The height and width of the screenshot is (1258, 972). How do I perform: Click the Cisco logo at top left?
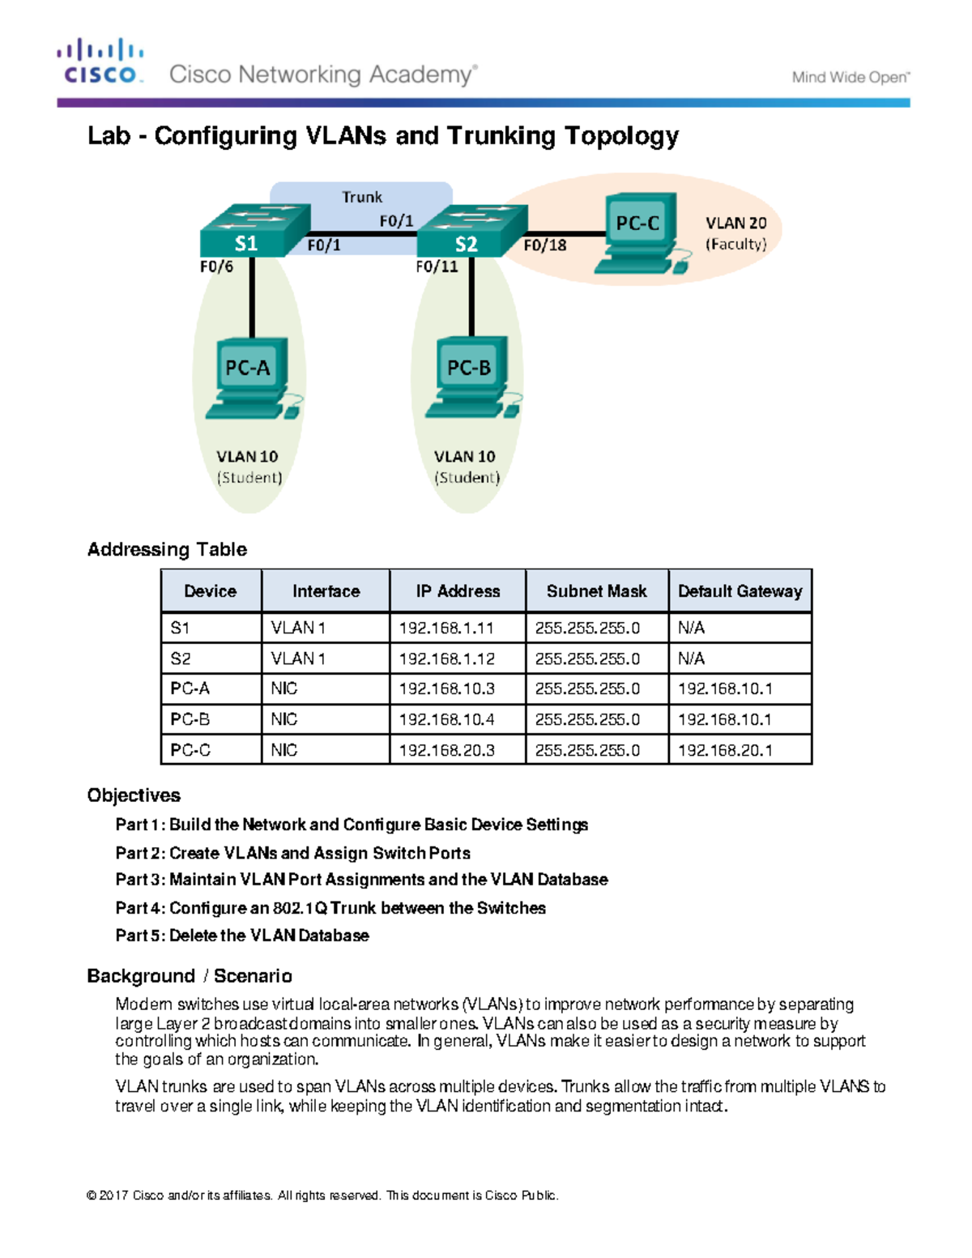coord(100,62)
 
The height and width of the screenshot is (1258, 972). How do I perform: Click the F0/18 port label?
coord(544,245)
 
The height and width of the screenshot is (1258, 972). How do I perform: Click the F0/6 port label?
coord(216,267)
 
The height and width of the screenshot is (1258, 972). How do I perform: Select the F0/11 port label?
coord(436,267)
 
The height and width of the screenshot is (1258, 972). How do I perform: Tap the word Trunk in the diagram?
coord(361,197)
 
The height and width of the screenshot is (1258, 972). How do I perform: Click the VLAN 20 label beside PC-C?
coord(735,224)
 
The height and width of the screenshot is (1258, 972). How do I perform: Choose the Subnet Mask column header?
coord(596,591)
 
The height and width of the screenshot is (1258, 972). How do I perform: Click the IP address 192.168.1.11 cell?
coord(446,628)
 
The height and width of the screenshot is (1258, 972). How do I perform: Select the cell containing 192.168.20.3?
coord(446,750)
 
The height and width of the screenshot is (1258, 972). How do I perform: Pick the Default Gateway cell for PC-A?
coord(725,689)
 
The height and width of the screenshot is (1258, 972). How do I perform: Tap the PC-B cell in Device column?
coord(190,719)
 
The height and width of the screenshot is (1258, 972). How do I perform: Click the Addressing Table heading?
coord(167,549)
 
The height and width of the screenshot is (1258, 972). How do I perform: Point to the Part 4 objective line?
coord(330,908)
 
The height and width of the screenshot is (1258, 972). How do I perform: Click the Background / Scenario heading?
coord(190,976)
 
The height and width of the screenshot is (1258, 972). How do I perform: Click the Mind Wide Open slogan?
coord(850,78)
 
